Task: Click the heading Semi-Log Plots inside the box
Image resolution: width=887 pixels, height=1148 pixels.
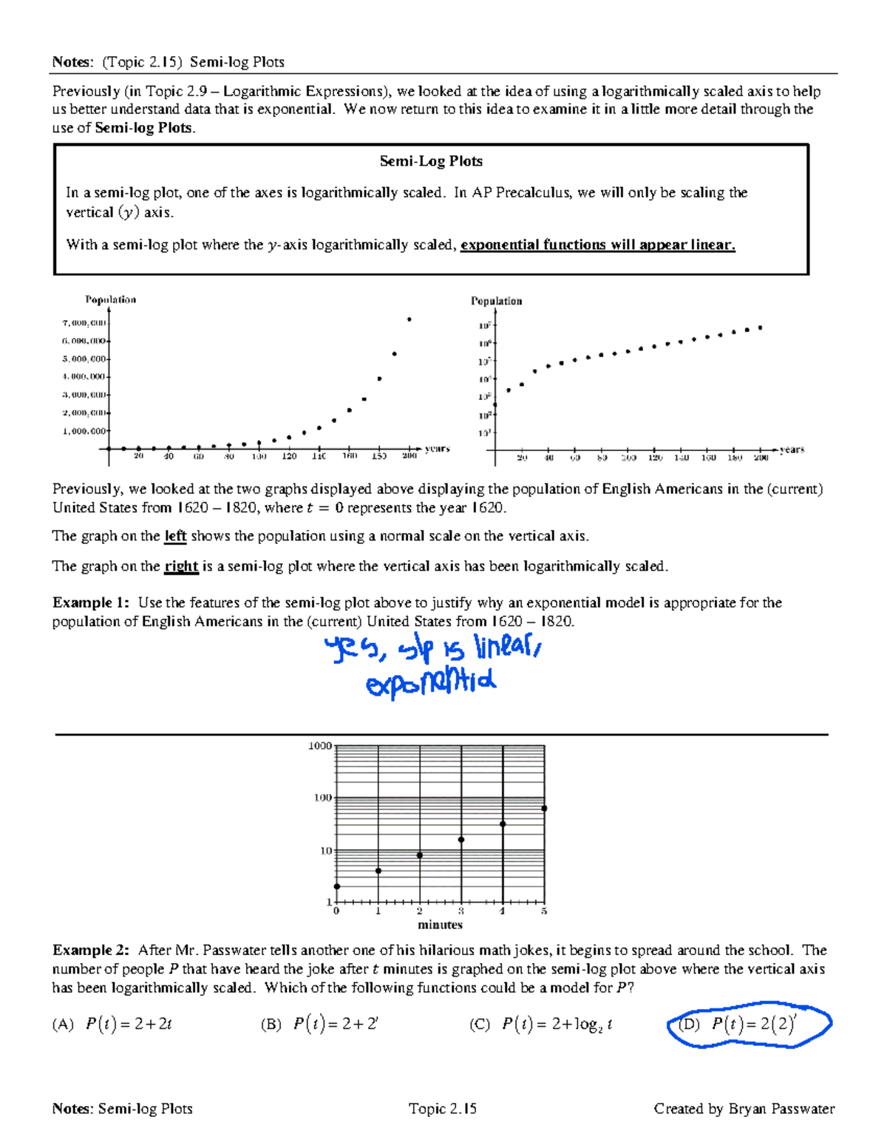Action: click(x=431, y=161)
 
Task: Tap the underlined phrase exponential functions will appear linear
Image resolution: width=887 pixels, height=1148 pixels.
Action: click(x=597, y=245)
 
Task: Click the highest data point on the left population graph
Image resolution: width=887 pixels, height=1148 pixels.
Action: click(x=409, y=319)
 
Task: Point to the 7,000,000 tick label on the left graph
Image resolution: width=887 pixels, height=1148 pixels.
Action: click(x=84, y=323)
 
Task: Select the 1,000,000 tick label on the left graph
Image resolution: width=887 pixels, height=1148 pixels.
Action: click(x=84, y=431)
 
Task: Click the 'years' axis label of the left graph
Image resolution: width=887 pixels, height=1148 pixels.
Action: click(x=437, y=449)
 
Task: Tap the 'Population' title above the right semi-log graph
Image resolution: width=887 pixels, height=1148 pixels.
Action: click(x=496, y=301)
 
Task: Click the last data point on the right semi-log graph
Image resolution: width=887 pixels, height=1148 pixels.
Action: click(x=761, y=327)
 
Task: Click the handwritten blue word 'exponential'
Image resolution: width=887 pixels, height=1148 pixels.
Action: click(x=430, y=684)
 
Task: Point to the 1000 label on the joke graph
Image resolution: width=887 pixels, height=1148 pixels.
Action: click(x=319, y=746)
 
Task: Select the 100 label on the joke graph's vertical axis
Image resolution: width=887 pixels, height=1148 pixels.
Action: click(x=322, y=798)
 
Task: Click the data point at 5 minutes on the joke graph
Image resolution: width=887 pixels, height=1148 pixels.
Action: click(x=545, y=809)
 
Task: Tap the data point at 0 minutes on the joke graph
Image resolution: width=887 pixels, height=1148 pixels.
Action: click(x=337, y=886)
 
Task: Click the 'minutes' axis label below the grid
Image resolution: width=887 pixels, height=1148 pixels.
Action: click(x=440, y=925)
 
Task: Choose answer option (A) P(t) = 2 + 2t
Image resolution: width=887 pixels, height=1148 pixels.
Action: click(x=112, y=1025)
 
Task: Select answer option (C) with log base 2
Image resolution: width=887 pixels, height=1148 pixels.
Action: click(x=541, y=1025)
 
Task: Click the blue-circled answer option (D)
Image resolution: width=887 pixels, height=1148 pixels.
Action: click(x=748, y=1025)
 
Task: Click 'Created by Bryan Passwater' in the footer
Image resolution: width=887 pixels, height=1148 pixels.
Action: click(x=744, y=1108)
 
